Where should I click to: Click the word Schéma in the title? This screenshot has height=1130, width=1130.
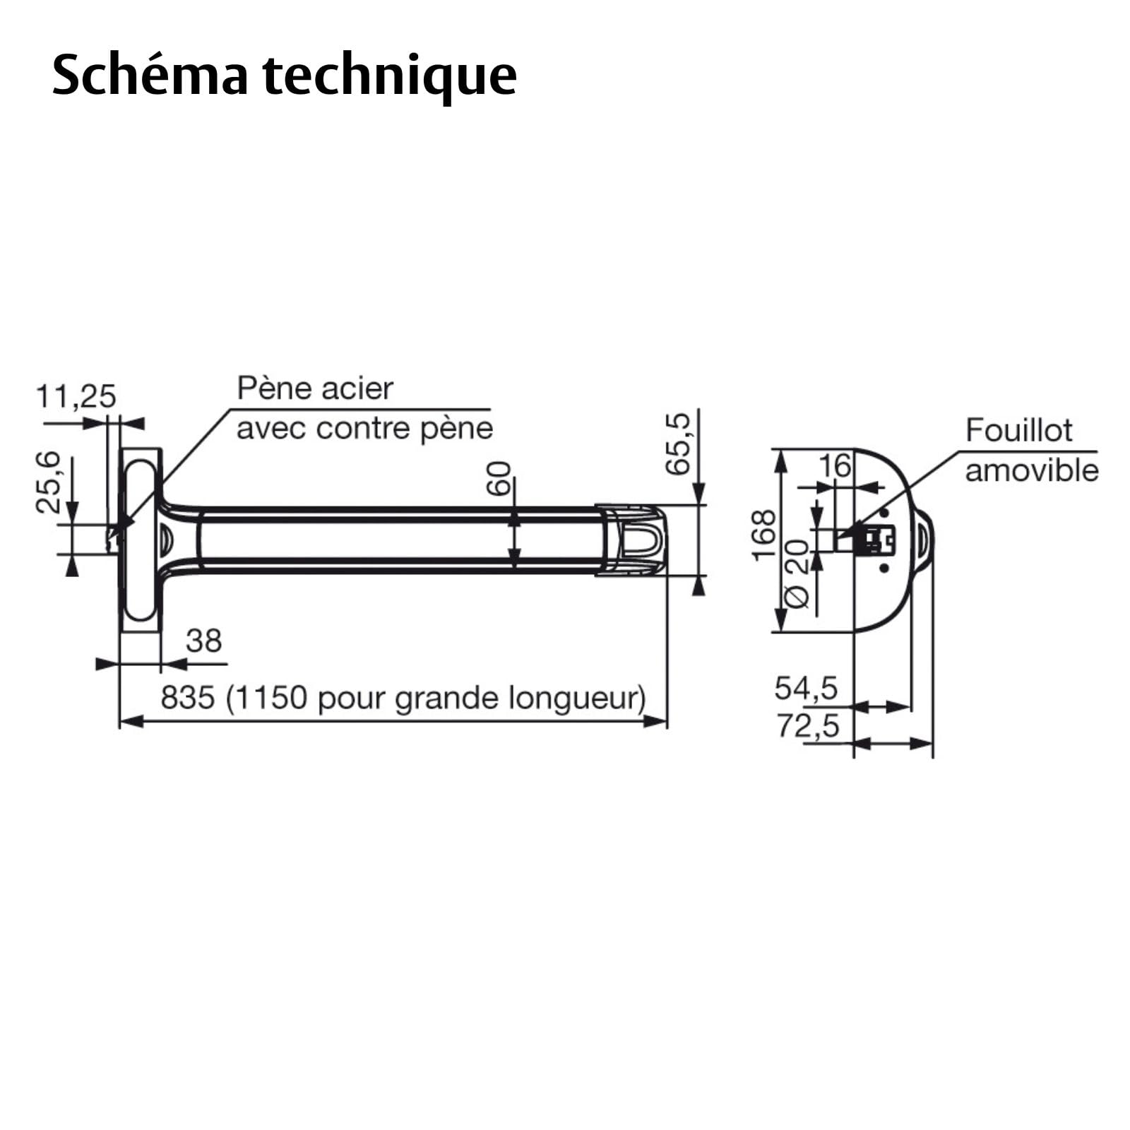[x=150, y=75]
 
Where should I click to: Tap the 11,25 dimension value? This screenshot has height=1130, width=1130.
[x=76, y=396]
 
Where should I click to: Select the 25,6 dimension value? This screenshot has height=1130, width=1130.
[x=49, y=482]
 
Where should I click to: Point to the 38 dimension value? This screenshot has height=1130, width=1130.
[x=204, y=641]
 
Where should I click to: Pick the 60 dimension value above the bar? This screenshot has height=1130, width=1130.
[x=499, y=478]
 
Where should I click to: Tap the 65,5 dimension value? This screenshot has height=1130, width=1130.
[x=677, y=444]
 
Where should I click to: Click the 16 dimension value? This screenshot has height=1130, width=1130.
[x=835, y=465]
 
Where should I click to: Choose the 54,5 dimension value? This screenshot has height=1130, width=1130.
[x=806, y=687]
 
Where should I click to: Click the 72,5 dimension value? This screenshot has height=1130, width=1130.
[x=809, y=725]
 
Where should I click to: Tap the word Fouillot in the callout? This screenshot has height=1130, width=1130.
[x=1019, y=430]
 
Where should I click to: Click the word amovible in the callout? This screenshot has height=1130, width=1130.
[x=1032, y=470]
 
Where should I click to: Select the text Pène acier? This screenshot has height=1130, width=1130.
[x=315, y=388]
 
